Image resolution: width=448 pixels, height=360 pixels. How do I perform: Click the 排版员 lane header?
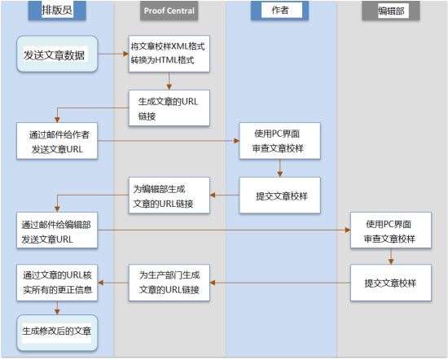57,11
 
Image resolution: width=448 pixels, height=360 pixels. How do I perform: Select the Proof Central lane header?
169,11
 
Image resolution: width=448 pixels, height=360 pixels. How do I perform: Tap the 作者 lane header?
279,11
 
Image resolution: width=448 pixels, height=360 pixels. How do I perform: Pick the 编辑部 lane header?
391,11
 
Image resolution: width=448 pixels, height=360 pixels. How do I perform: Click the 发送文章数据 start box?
57,54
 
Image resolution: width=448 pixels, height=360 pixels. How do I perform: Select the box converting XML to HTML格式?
169,54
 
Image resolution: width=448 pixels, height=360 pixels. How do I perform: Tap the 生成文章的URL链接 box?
169,108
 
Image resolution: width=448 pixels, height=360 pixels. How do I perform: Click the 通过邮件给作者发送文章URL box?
57,141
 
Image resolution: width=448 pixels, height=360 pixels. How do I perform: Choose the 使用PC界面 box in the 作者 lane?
279,141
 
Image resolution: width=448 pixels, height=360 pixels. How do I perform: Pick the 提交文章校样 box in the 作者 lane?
279,195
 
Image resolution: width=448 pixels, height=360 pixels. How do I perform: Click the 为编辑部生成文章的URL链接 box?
169,195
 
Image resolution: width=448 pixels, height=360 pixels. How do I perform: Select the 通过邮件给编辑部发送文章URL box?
57,230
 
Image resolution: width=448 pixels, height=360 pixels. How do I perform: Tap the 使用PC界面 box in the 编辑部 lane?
391,230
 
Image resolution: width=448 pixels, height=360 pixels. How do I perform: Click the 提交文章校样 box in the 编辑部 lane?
391,283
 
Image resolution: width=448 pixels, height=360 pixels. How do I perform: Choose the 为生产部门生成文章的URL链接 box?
169,283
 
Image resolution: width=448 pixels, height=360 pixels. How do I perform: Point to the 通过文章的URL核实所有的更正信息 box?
57,283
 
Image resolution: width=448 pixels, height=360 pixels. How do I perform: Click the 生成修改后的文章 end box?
57,333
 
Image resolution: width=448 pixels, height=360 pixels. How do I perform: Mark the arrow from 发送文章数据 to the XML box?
113,54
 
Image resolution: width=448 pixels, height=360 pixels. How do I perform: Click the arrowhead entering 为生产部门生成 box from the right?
213,283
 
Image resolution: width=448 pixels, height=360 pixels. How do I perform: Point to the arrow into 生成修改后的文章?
57,308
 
